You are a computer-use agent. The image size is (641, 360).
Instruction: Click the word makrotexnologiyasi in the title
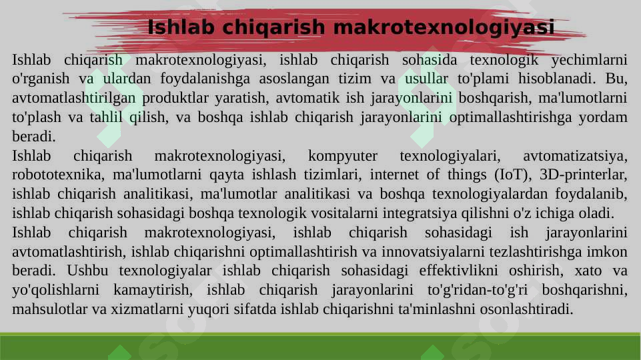(x=443, y=28)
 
